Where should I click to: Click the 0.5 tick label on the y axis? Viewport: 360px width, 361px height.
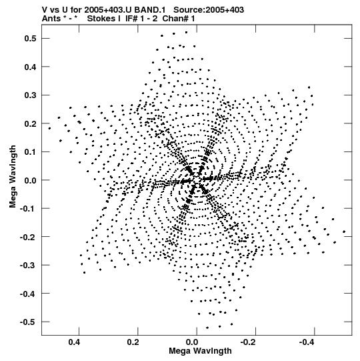pos(31,39)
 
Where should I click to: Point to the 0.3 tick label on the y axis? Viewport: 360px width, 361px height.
pos(31,95)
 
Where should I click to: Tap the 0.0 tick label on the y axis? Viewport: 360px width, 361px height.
pos(31,180)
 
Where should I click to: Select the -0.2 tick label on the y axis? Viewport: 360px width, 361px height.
pos(28,237)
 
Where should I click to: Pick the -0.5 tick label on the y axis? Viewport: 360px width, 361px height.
pos(28,322)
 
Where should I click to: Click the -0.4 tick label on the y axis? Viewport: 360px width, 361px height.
pos(28,294)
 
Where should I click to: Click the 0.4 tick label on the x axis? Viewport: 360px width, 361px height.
pos(74,342)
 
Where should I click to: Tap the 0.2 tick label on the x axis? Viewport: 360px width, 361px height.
pos(133,342)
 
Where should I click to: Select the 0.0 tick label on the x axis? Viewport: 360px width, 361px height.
pos(192,342)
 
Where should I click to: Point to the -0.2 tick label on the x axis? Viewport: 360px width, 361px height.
pos(249,342)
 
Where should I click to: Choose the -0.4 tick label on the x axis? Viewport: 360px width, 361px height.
pos(307,342)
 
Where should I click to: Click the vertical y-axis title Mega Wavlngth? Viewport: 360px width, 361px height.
pos(13,177)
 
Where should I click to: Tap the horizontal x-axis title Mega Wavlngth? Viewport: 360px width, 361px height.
pos(200,351)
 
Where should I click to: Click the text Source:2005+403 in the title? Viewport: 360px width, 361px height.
pos(209,10)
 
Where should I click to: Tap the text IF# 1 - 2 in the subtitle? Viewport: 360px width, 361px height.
pos(141,19)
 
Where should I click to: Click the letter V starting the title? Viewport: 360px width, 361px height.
pos(45,10)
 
